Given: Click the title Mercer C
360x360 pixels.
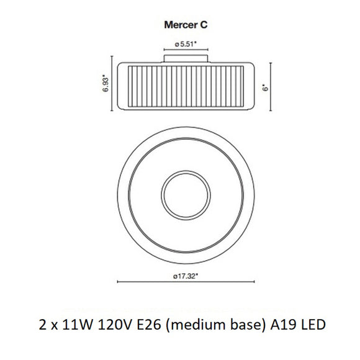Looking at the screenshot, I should [180, 26].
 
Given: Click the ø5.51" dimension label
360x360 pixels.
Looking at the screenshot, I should [186, 44].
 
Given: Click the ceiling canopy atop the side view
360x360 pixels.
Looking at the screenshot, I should [185, 58].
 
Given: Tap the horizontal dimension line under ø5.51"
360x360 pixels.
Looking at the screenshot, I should [185, 50].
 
